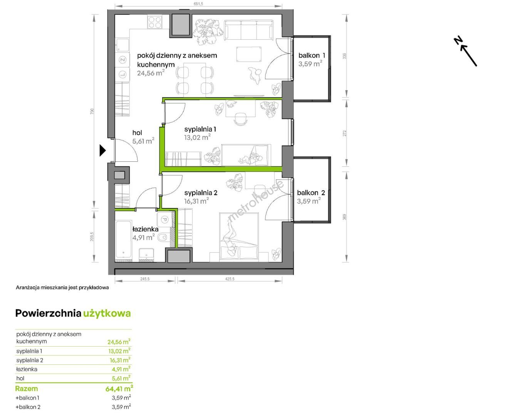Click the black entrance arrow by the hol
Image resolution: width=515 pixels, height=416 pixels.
point(102,150)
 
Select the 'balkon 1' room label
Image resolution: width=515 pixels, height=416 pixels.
point(311,55)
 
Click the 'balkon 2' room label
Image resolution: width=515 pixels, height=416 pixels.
point(311,193)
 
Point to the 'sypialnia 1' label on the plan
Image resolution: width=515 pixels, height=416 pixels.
point(200,129)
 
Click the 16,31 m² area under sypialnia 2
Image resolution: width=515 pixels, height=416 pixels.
point(196,201)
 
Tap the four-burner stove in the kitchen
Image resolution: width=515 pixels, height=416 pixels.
point(154,22)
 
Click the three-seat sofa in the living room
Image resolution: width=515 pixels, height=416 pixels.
point(249,30)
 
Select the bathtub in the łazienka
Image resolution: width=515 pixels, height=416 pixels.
point(124,240)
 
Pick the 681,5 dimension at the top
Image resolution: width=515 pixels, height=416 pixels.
point(198,4)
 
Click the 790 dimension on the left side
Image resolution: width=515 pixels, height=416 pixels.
point(92,111)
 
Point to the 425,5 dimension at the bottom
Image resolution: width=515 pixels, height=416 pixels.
point(230,279)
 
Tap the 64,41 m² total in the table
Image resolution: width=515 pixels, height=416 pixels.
point(119,388)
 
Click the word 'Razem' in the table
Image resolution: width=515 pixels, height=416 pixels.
point(26,389)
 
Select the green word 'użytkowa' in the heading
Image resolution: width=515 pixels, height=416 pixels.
point(107,314)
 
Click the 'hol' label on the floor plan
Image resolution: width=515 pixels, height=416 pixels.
point(137,133)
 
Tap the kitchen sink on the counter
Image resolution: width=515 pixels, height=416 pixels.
point(122,45)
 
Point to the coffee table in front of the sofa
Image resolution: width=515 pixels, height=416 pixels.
point(249,54)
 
